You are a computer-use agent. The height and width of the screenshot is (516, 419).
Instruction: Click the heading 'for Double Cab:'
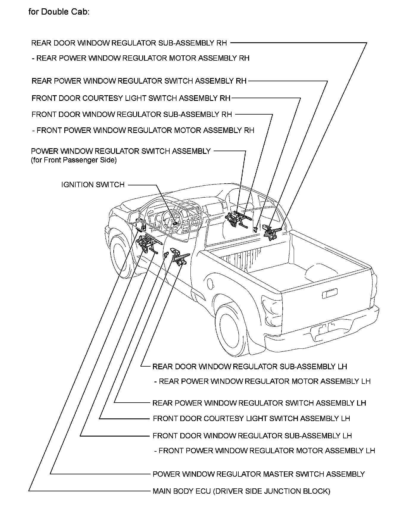click(59, 12)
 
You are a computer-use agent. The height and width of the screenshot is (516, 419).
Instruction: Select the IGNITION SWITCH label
click(93, 185)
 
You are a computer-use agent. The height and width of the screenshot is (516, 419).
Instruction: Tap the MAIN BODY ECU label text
click(241, 491)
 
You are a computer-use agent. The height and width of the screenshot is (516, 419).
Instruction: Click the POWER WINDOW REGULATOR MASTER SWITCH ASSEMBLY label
click(258, 474)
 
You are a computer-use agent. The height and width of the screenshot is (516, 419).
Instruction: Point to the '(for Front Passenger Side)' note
click(74, 160)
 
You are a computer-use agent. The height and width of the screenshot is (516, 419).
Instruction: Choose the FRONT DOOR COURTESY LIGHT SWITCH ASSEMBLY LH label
click(251, 419)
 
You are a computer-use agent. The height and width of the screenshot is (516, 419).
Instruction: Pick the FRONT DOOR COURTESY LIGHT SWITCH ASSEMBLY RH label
click(131, 98)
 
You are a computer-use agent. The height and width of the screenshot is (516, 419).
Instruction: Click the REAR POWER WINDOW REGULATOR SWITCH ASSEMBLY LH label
click(259, 403)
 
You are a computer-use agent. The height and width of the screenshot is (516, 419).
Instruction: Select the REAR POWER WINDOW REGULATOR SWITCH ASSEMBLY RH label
click(139, 81)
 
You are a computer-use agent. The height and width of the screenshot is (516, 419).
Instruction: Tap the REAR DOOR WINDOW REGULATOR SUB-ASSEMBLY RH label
click(129, 43)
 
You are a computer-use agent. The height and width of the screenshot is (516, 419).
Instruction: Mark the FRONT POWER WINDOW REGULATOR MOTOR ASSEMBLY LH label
click(265, 451)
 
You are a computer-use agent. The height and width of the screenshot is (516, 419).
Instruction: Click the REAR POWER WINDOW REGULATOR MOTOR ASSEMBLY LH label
click(262, 381)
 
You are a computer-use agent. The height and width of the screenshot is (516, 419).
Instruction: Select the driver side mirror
click(135, 217)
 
